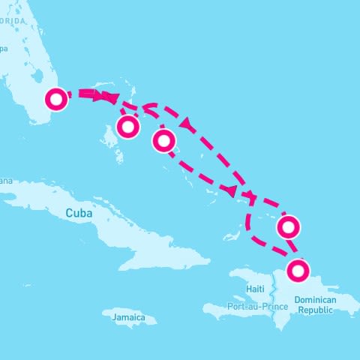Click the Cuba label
79,213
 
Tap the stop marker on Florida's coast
56,98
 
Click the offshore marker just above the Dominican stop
289,226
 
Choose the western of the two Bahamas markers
128,127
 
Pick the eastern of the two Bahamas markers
164,139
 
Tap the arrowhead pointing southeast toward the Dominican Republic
233,190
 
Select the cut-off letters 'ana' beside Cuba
5,180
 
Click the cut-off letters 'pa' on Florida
4,49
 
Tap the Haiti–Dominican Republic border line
275,292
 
